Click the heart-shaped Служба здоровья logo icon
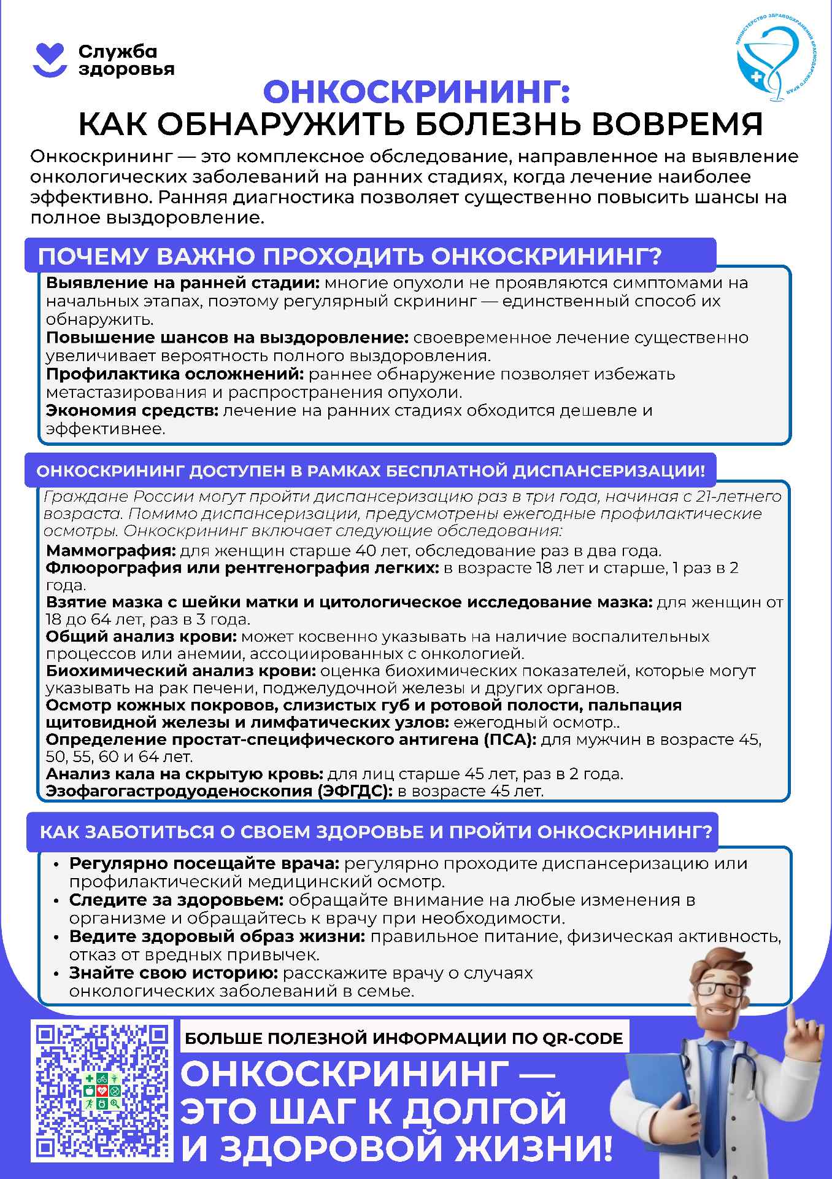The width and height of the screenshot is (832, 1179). tap(49, 60)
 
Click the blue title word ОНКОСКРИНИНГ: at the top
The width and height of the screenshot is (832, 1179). tap(417, 92)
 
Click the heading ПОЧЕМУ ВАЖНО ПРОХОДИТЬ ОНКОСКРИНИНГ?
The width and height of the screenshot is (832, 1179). tap(350, 256)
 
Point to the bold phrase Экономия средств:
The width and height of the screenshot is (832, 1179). tap(132, 410)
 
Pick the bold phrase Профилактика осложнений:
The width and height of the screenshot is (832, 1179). tap(175, 374)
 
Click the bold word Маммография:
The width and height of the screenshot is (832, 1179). tap(111, 550)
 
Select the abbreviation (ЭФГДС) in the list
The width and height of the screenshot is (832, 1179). tap(355, 791)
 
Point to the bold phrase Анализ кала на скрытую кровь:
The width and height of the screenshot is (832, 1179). tap(185, 774)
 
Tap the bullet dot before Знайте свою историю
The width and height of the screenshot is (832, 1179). tap(56, 974)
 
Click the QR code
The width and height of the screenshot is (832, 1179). tap(102, 1091)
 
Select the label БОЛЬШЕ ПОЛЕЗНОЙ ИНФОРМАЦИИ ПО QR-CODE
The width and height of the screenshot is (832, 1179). tap(404, 1038)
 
